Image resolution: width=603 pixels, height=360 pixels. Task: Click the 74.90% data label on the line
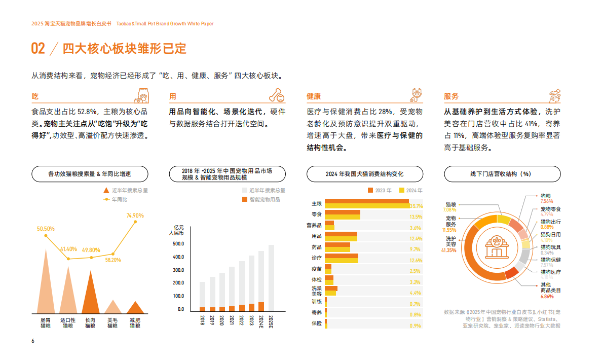tap(135, 215)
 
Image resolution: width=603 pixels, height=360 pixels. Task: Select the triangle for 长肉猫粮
tap(90, 296)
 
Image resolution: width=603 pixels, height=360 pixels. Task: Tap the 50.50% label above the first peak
tap(46, 229)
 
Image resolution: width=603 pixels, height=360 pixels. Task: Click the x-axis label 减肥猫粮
tap(135, 323)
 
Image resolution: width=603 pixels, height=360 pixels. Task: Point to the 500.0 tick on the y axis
tap(178, 244)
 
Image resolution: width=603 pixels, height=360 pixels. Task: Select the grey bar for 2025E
tap(271, 277)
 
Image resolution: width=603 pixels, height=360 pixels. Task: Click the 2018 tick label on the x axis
tap(202, 320)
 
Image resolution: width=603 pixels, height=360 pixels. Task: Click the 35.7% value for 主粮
tap(416, 206)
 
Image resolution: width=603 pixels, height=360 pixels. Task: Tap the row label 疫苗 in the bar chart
tap(316, 270)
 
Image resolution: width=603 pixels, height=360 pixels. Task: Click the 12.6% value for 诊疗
tap(416, 260)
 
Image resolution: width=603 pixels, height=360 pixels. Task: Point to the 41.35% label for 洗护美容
tap(448, 250)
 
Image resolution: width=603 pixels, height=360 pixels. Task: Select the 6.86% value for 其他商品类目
tap(547, 296)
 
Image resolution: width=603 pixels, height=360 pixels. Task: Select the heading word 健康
tap(314, 96)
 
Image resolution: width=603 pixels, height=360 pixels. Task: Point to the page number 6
tap(33, 341)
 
